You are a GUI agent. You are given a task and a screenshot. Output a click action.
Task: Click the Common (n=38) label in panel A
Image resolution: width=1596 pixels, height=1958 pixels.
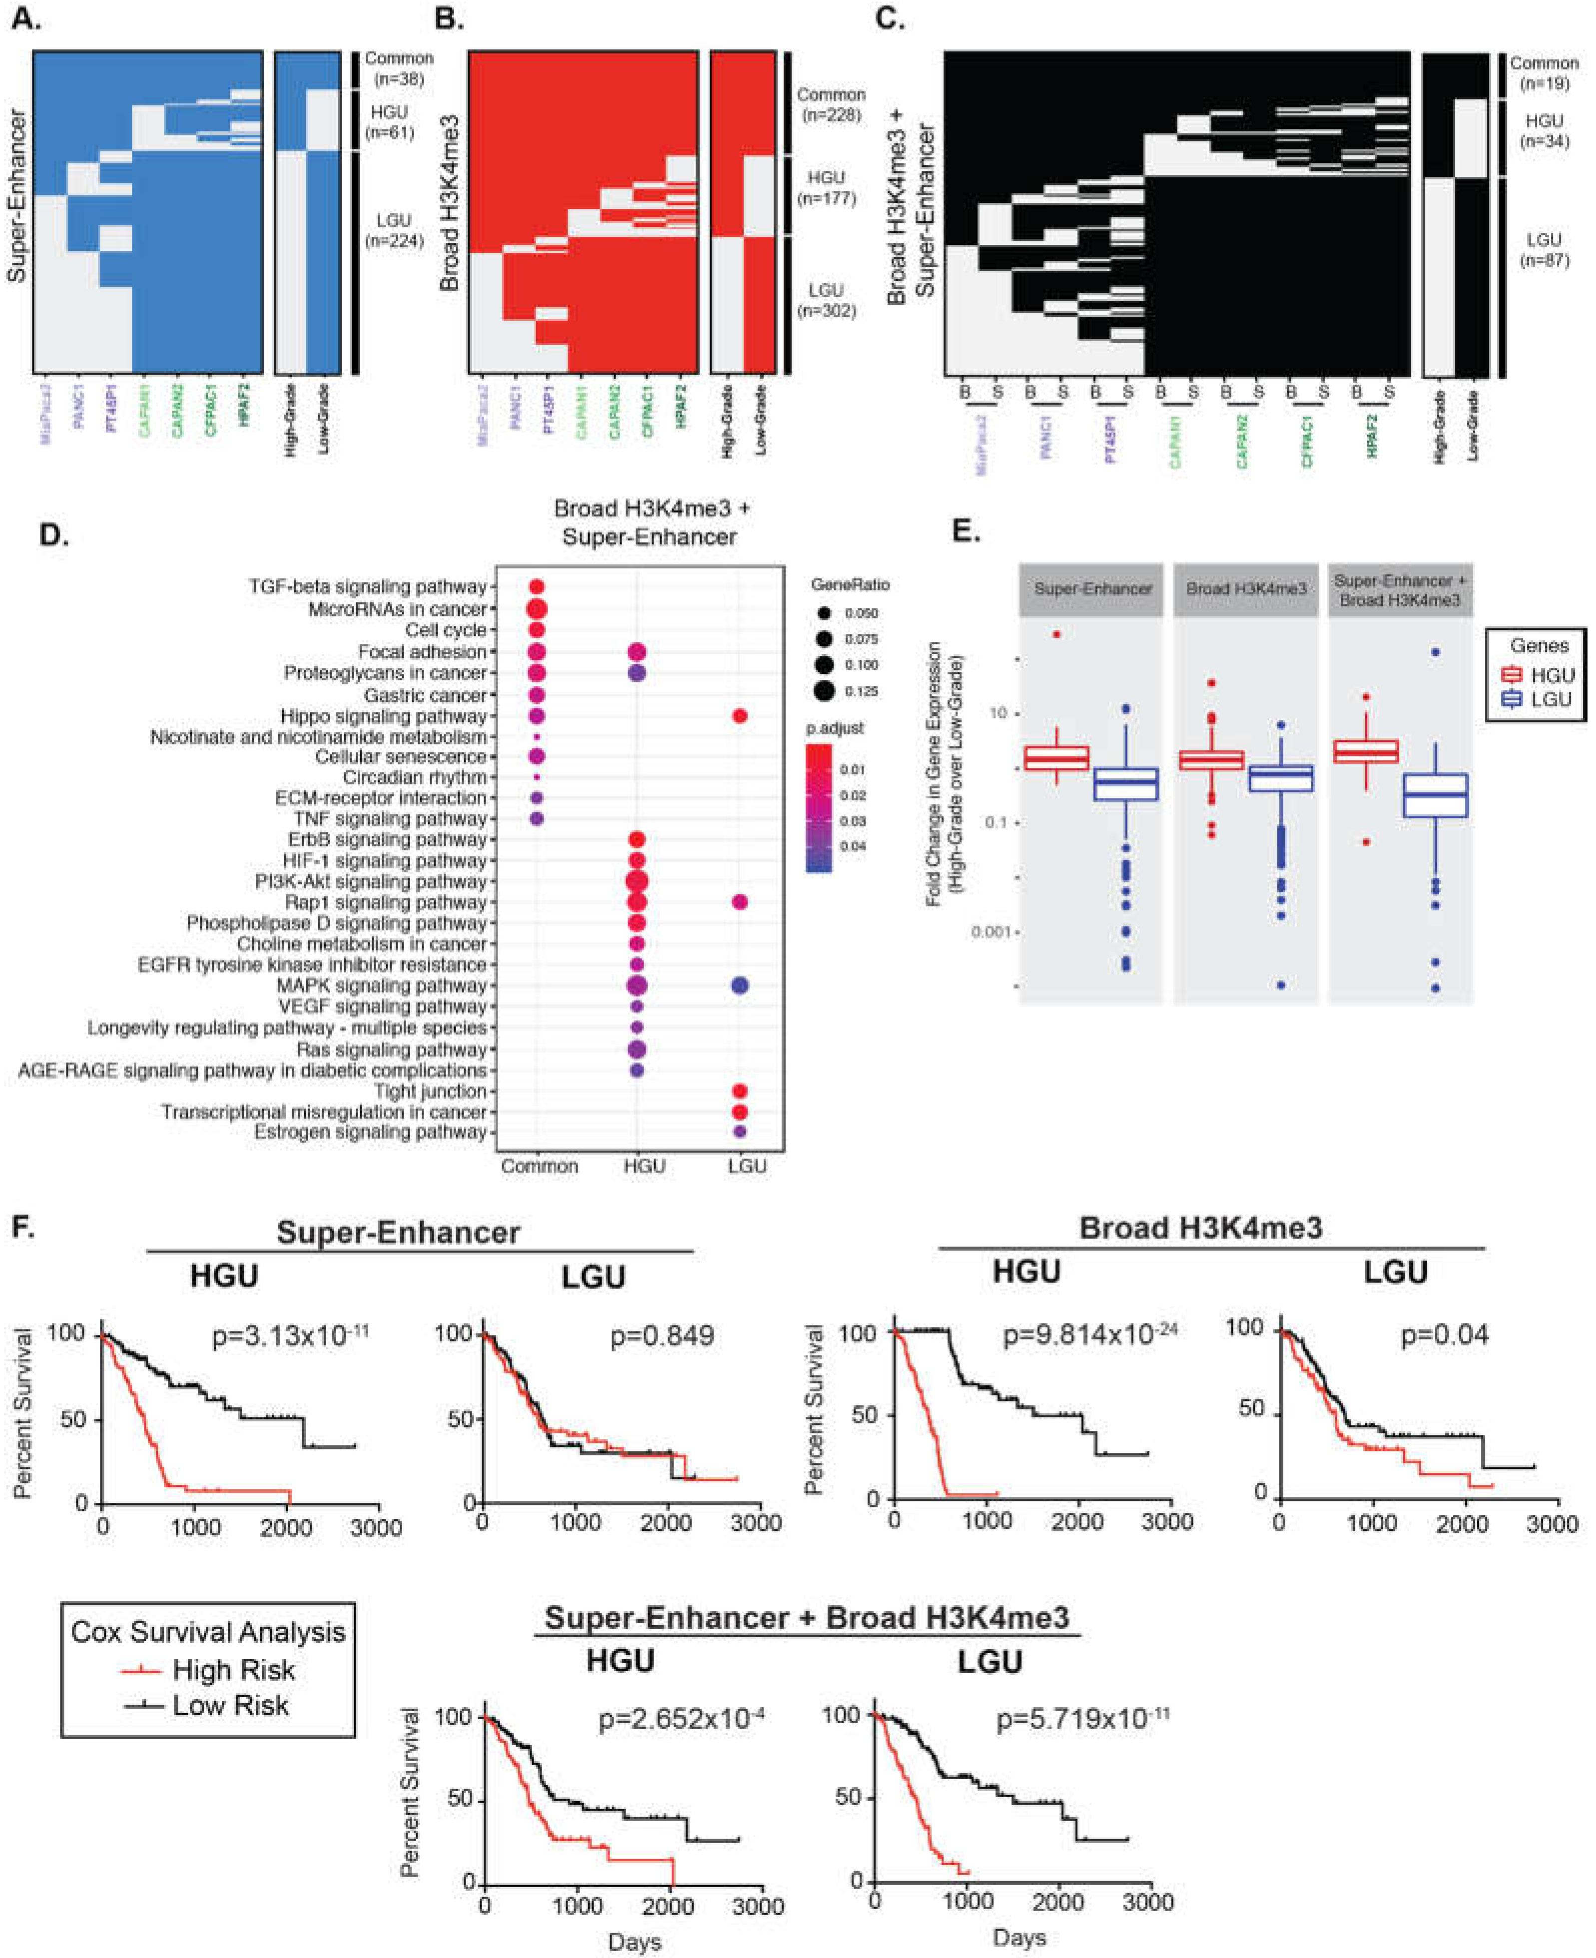398,68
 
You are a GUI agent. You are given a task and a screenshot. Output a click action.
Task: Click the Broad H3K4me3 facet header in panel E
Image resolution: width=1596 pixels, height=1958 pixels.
1247,589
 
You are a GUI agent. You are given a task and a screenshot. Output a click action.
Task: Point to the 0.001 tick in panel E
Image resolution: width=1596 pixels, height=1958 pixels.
994,932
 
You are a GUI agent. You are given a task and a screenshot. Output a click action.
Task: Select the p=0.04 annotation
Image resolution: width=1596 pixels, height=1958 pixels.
1444,1334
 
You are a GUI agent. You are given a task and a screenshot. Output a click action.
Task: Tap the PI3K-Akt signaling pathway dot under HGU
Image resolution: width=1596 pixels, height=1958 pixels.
635,881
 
